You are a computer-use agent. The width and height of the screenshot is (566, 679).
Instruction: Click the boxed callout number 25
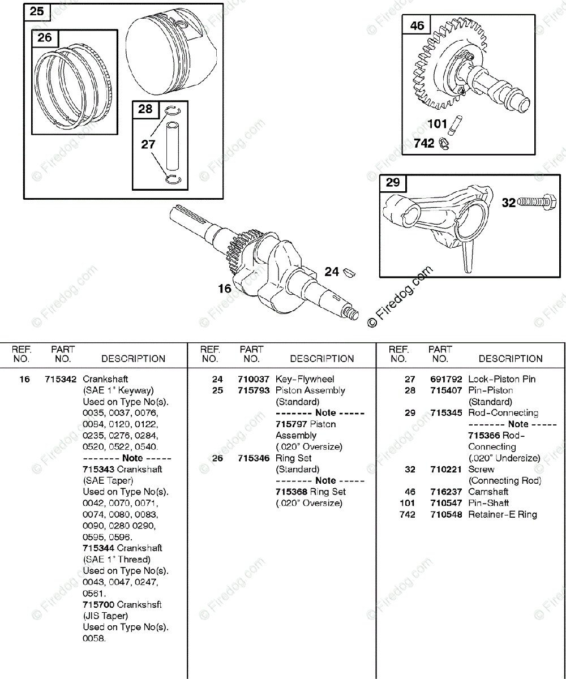click(36, 11)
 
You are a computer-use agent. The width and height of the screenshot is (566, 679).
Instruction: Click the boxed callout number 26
click(45, 38)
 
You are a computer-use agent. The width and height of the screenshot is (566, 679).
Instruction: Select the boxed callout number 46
click(417, 25)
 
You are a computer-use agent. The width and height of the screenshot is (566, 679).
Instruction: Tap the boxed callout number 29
click(393, 182)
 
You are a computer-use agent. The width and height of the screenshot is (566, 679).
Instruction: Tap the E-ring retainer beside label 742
click(445, 144)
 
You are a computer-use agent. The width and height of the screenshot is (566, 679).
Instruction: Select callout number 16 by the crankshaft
click(225, 289)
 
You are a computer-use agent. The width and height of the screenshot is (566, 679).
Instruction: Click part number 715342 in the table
click(61, 379)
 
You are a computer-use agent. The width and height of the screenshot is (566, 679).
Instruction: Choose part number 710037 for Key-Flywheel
click(254, 379)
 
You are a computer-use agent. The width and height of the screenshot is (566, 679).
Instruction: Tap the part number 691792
click(446, 379)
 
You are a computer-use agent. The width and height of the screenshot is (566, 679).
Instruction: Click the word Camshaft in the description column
click(488, 492)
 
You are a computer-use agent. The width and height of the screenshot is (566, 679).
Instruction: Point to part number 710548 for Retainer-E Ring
click(446, 514)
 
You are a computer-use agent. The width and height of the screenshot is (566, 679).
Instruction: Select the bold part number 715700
click(98, 604)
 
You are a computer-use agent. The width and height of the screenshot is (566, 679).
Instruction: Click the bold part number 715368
click(291, 492)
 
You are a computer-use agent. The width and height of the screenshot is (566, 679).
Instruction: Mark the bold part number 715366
click(484, 435)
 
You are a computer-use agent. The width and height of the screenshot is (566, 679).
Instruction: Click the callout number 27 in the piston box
click(148, 144)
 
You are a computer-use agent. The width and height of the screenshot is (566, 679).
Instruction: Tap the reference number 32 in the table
click(410, 469)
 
